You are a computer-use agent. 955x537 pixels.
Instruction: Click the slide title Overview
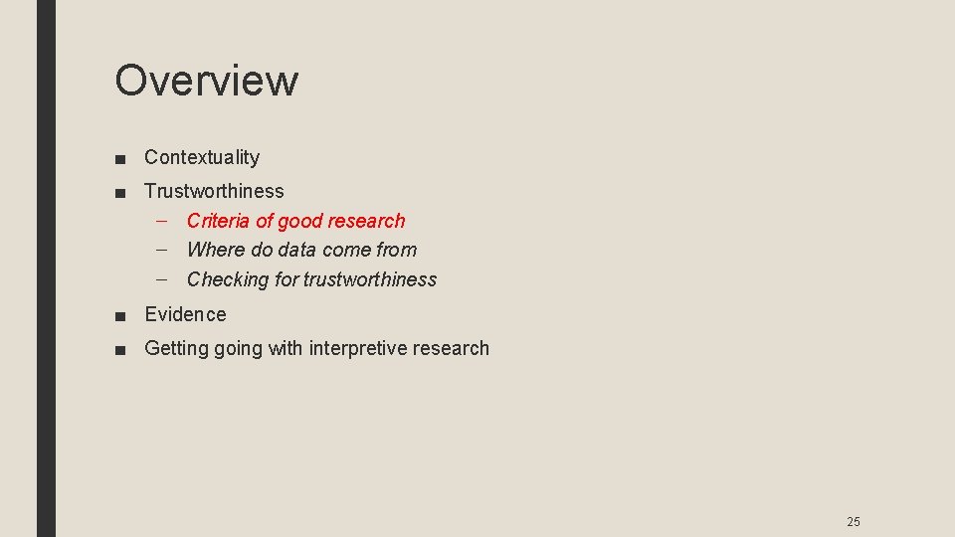[x=206, y=80]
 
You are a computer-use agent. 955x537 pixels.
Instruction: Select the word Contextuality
[x=202, y=157]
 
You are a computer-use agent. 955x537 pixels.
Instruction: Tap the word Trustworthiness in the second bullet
[x=214, y=191]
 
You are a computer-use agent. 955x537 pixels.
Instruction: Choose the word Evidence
[x=185, y=314]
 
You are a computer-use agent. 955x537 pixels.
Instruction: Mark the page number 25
[x=853, y=522]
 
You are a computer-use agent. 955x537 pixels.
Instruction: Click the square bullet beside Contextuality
[x=119, y=158]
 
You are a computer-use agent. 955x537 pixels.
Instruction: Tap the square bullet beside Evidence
[x=119, y=315]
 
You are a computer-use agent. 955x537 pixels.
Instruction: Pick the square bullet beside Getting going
[x=119, y=349]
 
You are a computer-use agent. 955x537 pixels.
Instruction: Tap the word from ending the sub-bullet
[x=396, y=250]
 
